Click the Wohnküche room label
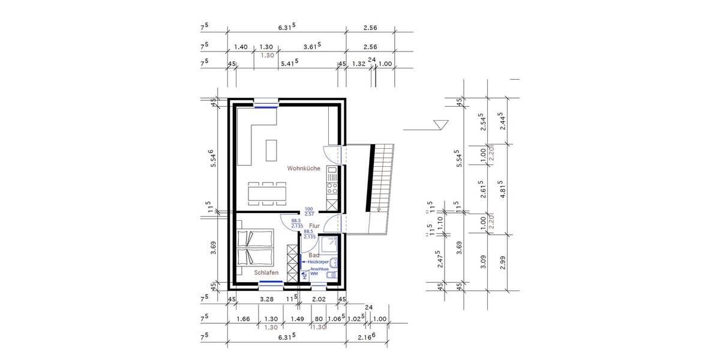(x=303, y=169)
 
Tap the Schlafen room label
(x=266, y=272)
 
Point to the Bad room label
(x=313, y=255)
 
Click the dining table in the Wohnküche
(x=268, y=193)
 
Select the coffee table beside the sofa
(x=271, y=151)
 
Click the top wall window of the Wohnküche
(x=265, y=104)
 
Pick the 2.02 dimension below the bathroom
(x=319, y=298)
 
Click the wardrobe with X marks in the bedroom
(x=292, y=262)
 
